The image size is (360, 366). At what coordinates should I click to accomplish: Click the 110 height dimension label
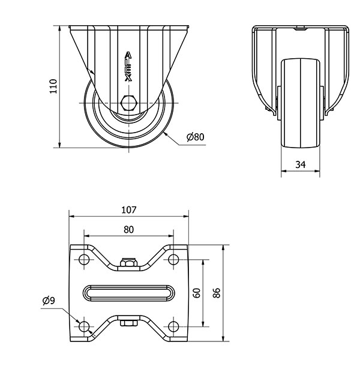[53, 86]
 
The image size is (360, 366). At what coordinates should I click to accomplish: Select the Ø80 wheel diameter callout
[196, 137]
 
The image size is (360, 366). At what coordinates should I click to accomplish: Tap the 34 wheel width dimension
[301, 164]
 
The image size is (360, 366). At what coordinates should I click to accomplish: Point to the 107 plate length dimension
[128, 210]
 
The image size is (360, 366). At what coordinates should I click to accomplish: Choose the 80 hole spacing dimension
[128, 230]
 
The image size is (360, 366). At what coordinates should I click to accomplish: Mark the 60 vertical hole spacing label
[197, 293]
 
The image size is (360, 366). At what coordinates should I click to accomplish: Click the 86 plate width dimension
[217, 293]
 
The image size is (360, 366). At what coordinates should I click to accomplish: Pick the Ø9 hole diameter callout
[49, 301]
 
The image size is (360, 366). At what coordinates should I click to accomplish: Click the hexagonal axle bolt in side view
[128, 103]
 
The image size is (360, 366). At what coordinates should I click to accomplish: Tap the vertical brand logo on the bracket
[128, 67]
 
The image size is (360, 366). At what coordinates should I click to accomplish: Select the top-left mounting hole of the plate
[84, 259]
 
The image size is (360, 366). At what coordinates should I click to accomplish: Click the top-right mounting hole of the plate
[173, 259]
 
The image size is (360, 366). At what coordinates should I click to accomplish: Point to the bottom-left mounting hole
[84, 326]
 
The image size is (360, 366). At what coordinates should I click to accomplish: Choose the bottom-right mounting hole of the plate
[173, 326]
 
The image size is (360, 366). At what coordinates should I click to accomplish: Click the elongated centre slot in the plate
[128, 293]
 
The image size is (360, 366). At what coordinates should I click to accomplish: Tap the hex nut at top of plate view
[128, 262]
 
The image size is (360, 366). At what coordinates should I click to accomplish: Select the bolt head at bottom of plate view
[128, 323]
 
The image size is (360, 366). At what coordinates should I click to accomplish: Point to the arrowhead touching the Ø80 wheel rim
[166, 134]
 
